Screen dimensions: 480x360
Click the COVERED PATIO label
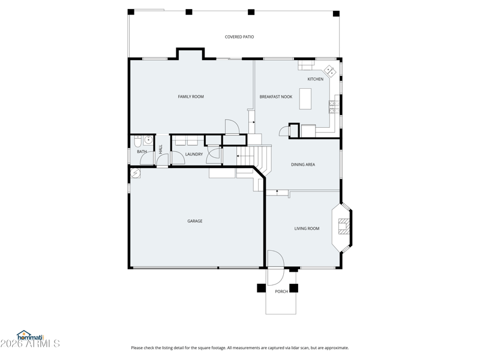click(x=239, y=37)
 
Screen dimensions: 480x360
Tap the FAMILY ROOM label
click(x=191, y=97)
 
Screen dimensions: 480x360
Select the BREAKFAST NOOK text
click(x=276, y=97)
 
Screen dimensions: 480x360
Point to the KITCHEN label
click(x=316, y=79)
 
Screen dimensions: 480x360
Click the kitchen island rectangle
click(x=305, y=99)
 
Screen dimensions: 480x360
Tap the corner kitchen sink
click(x=331, y=71)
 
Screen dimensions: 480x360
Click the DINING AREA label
click(x=303, y=164)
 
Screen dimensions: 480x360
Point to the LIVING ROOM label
click(x=307, y=229)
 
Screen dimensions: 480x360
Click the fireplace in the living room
click(x=343, y=226)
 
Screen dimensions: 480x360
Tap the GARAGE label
click(x=194, y=221)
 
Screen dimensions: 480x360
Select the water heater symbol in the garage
click(x=136, y=173)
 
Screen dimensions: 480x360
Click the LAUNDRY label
click(x=194, y=154)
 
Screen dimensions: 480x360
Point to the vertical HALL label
click(x=161, y=149)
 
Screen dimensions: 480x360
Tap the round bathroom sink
click(x=148, y=140)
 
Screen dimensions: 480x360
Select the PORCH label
click(x=281, y=292)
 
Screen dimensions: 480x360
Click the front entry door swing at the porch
click(x=276, y=268)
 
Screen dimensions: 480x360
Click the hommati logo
click(x=31, y=335)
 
